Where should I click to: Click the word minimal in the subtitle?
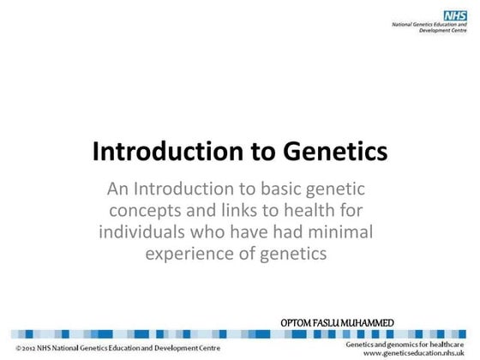tap(345, 232)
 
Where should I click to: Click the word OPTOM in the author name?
tap(300, 322)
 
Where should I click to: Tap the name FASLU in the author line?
tap(338, 322)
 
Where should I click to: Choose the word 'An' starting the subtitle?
tap(114, 190)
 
